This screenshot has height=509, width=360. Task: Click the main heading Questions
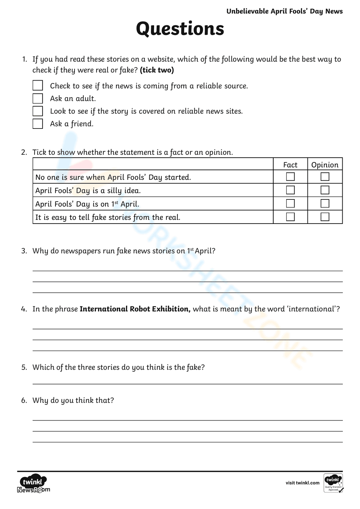pos(180,29)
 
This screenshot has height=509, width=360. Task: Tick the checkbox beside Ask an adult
pos(38,98)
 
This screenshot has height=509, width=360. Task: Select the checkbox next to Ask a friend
pos(38,123)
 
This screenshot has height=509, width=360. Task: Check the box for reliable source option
pos(38,86)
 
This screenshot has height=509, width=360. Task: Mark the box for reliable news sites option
pos(38,111)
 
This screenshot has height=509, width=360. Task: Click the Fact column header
pos(290,165)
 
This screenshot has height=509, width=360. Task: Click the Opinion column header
pos(325,165)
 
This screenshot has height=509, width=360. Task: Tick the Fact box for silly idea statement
pos(290,190)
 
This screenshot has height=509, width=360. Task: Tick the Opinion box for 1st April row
pos(325,203)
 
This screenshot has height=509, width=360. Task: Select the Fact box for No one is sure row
pos(290,177)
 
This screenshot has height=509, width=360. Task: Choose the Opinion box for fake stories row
pos(325,217)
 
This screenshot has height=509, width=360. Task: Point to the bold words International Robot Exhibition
pos(135,309)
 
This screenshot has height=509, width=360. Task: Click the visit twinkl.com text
pos(302,483)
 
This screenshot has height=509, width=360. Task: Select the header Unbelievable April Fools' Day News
pos(284,12)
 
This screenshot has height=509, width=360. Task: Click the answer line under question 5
pos(187,383)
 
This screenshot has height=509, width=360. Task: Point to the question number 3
pos(24,251)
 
